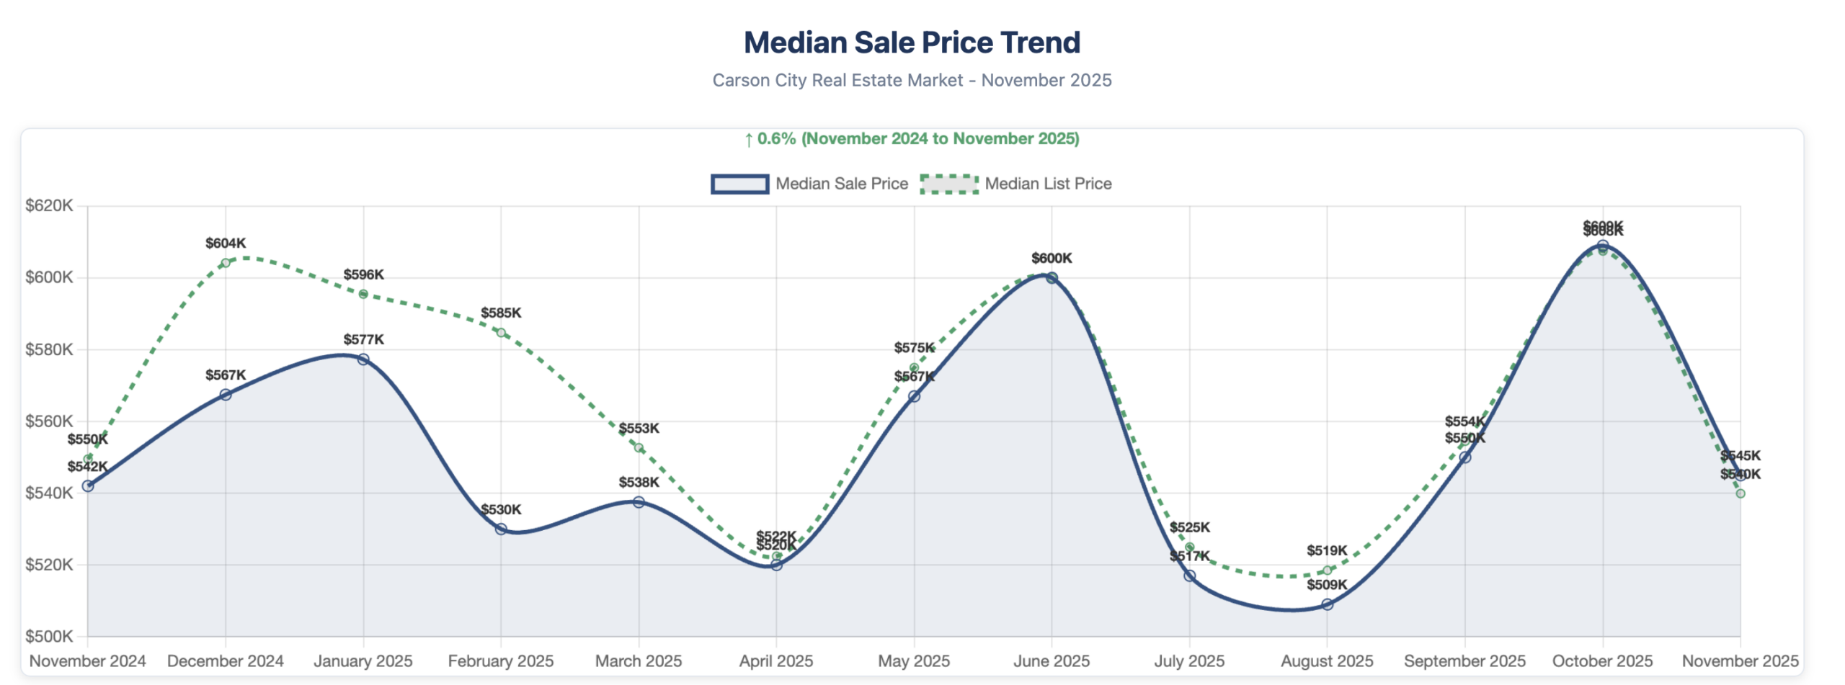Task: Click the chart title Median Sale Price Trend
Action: (x=912, y=42)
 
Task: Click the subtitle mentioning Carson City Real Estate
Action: (x=912, y=80)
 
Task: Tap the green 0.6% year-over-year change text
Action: (x=912, y=138)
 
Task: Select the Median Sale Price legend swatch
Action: (x=739, y=184)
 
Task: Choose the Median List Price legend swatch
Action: (x=948, y=184)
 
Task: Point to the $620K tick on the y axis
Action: (x=49, y=206)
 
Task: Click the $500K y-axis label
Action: (x=49, y=636)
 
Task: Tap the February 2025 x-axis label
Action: (x=500, y=661)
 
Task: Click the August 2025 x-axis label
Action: (x=1326, y=661)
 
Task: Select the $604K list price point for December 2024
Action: (x=226, y=263)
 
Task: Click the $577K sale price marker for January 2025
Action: (x=363, y=359)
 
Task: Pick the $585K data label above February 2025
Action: (x=501, y=313)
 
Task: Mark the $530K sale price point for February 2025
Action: (x=501, y=529)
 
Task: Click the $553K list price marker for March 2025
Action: (x=639, y=448)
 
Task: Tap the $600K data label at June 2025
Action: (x=1052, y=258)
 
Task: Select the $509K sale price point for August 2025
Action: (x=1327, y=604)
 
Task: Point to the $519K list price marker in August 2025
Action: (x=1327, y=570)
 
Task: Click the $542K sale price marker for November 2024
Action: (x=88, y=486)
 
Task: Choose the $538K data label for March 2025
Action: (x=639, y=482)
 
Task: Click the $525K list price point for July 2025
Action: (x=1189, y=547)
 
